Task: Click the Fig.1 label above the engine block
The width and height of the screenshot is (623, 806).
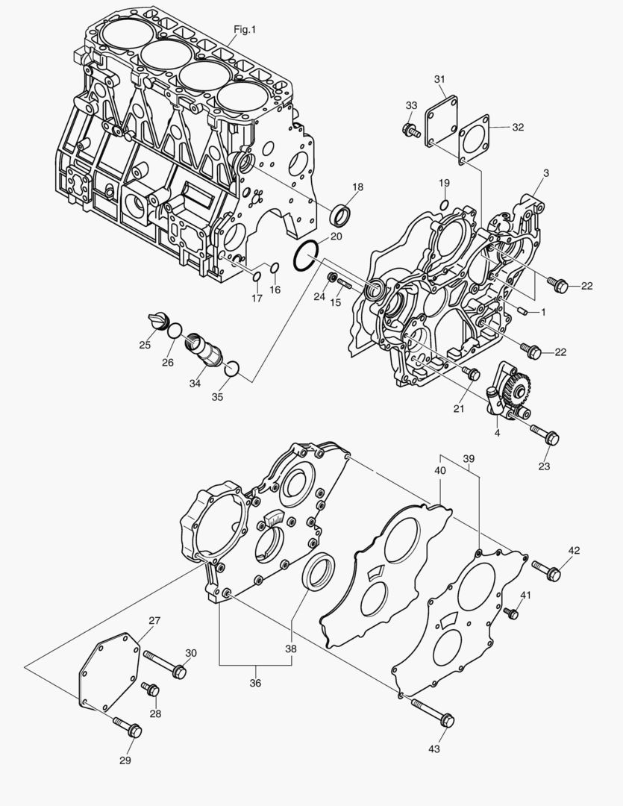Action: (x=245, y=29)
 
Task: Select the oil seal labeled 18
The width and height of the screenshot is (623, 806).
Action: (x=341, y=216)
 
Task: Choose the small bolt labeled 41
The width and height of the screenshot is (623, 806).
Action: (x=511, y=613)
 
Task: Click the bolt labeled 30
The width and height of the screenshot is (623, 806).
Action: (x=164, y=664)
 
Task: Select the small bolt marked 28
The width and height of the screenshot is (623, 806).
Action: (x=152, y=689)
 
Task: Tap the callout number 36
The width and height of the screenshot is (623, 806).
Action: (x=255, y=683)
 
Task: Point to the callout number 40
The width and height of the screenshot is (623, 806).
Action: (x=440, y=470)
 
